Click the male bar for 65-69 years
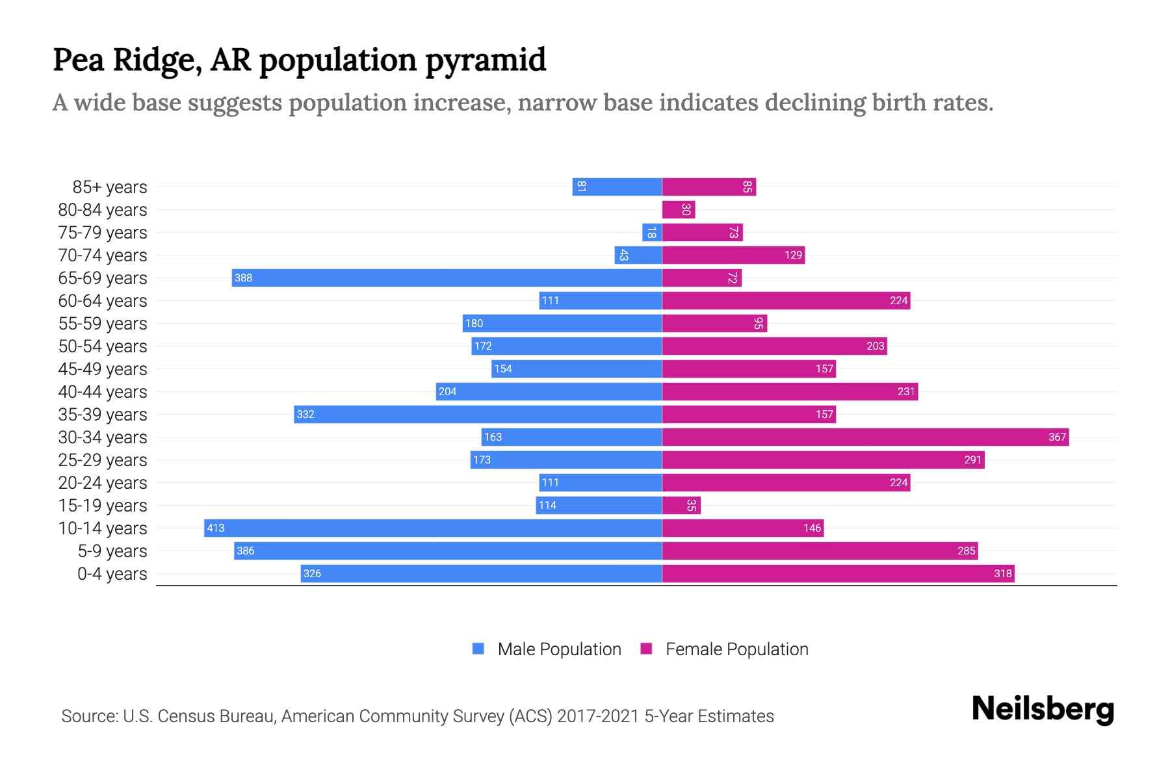447,278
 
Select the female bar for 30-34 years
865,437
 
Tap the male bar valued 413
433,528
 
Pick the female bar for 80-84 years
678,209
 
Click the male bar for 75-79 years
652,232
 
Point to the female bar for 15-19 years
681,505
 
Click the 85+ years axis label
110,187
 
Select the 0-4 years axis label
112,574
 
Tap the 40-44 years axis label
103,392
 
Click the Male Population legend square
478,649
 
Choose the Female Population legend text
736,649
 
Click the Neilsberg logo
1043,709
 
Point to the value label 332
305,415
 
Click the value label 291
972,460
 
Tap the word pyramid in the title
486,60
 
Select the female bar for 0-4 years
838,573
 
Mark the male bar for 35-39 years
478,414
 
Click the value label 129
793,255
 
